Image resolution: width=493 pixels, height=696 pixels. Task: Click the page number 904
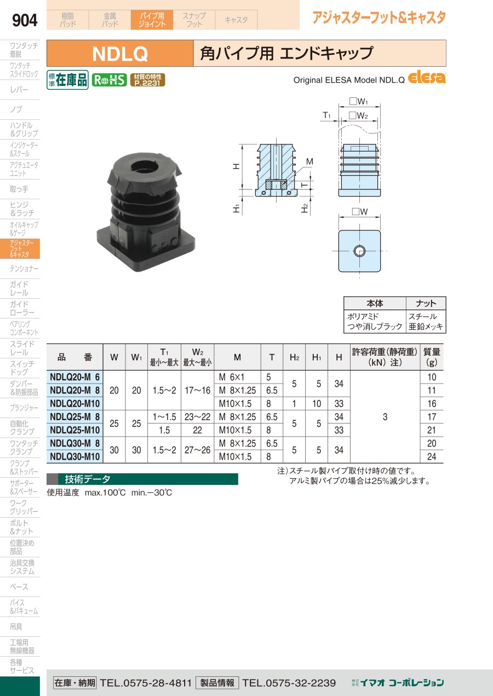click(25, 20)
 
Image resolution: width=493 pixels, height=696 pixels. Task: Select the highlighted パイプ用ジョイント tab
click(152, 20)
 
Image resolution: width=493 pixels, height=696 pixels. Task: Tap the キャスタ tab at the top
click(236, 20)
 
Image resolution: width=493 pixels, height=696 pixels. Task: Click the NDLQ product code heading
click(120, 54)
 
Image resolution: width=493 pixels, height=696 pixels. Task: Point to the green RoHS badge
click(109, 80)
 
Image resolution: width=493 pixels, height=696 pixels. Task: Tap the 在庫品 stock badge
click(67, 80)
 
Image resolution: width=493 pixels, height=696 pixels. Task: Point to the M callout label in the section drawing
click(309, 161)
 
